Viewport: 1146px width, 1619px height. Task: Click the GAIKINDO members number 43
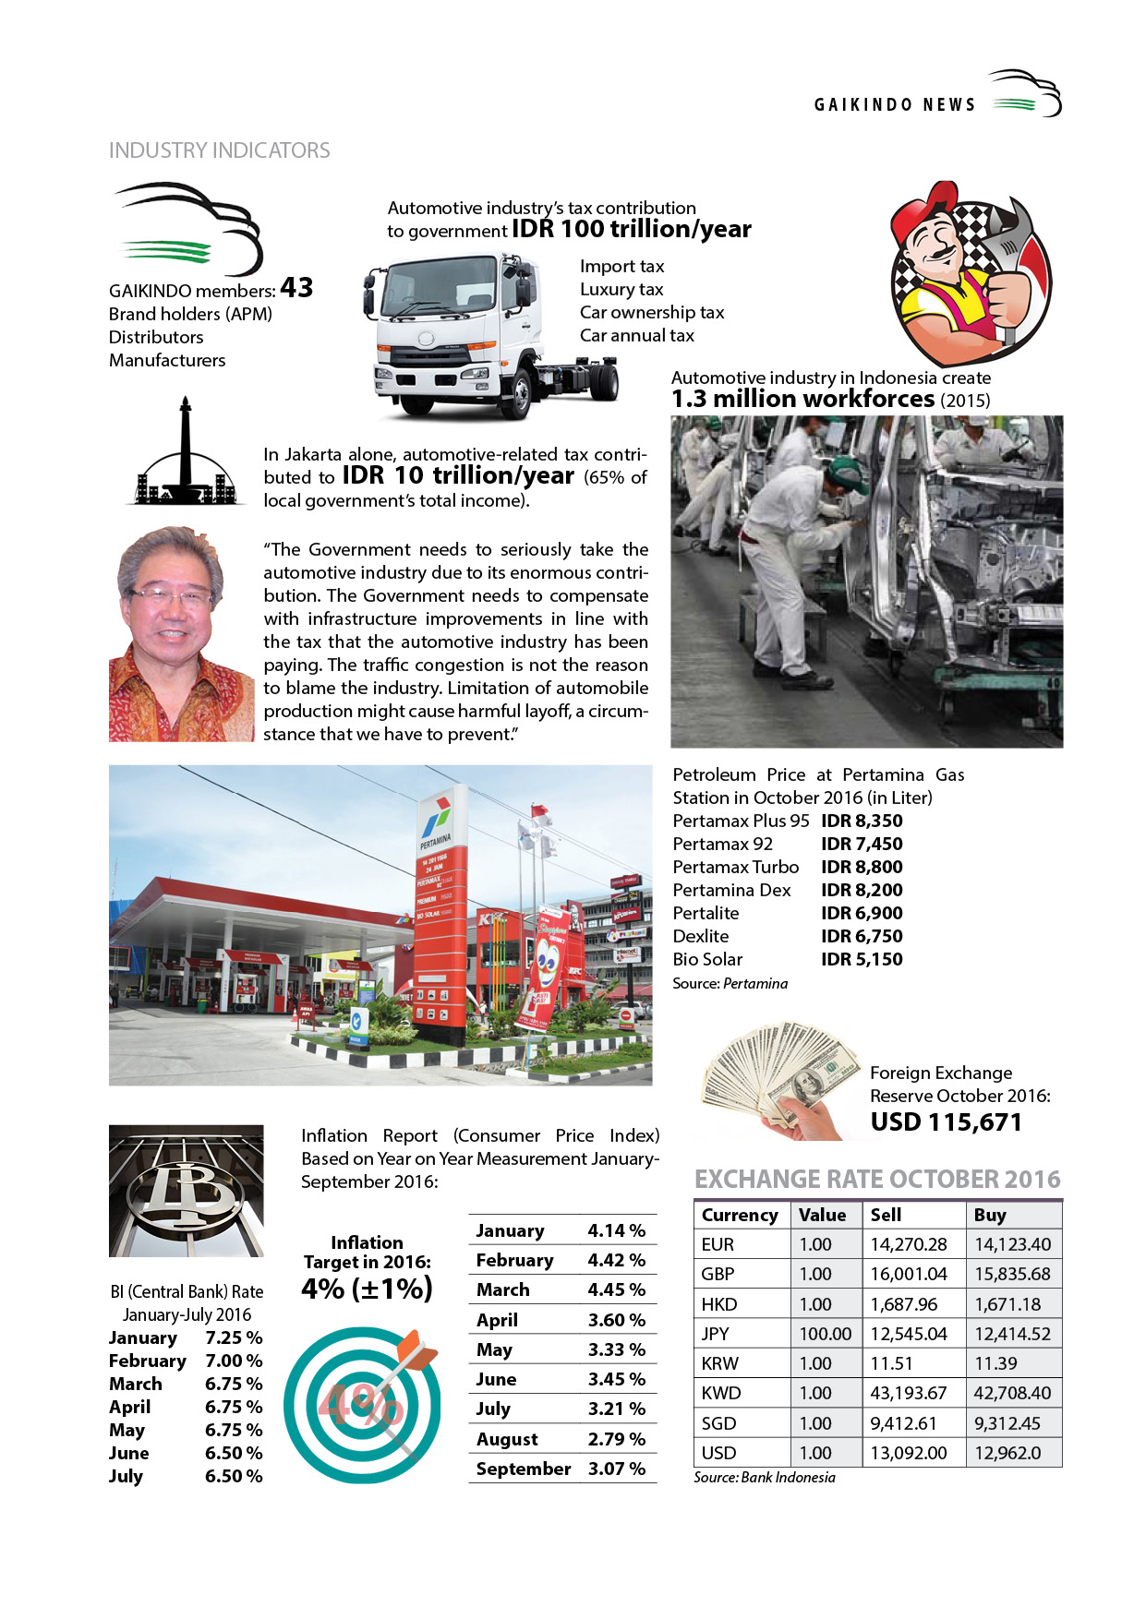[x=296, y=288]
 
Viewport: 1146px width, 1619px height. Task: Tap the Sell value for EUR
[x=908, y=1244]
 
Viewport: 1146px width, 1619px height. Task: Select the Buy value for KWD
[x=1012, y=1393]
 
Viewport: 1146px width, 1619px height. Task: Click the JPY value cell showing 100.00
[x=825, y=1334]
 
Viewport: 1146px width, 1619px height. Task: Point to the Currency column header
[x=740, y=1215]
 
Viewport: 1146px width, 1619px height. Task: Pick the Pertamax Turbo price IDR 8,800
[x=862, y=867]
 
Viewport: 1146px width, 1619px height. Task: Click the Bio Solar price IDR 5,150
[x=862, y=959]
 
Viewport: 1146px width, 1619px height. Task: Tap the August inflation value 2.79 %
[x=616, y=1439]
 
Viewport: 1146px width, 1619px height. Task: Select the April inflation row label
[x=497, y=1320]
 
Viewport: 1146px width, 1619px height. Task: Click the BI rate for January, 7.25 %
[x=234, y=1337]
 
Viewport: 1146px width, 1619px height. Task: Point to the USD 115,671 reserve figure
[x=946, y=1122]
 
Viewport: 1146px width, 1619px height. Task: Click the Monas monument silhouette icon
[x=186, y=452]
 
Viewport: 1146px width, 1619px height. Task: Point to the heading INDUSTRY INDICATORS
[x=219, y=150]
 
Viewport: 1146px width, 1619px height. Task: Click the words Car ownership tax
[x=651, y=312]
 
